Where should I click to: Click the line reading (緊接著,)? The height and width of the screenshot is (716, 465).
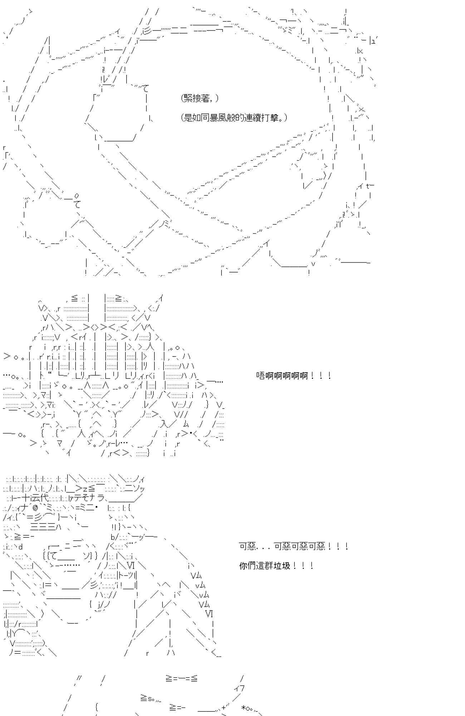point(200,98)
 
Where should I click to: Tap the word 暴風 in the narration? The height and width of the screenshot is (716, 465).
point(219,117)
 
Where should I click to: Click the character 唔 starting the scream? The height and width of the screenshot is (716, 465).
point(260,376)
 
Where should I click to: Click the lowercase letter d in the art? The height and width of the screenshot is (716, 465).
point(20,547)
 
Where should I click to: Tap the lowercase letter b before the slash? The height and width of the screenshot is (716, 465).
point(113,537)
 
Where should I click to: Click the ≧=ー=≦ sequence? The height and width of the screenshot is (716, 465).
point(181,678)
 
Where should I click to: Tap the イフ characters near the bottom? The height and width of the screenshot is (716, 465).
point(239,688)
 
